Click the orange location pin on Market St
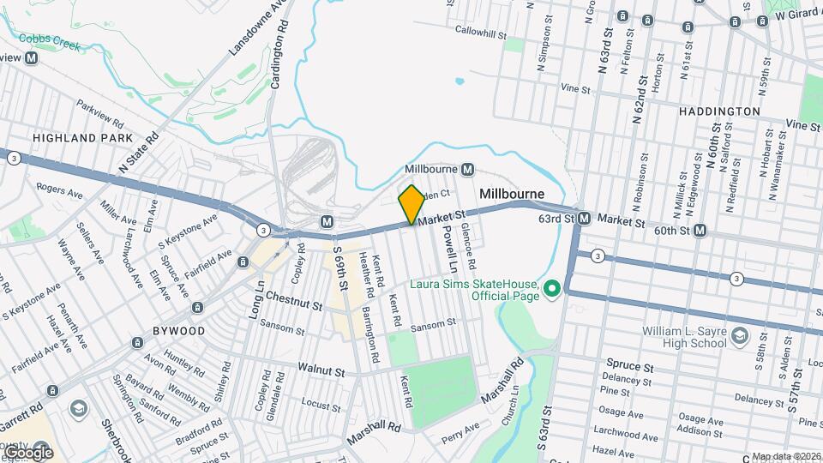tap(411, 205)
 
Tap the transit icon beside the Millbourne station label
tap(468, 169)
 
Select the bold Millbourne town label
tap(512, 195)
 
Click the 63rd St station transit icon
tap(584, 219)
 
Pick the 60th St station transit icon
tap(700, 230)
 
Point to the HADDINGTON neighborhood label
tap(719, 111)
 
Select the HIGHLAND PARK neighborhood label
tap(82, 137)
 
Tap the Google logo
tap(28, 453)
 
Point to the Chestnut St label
tap(292, 303)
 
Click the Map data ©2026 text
tap(786, 456)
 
